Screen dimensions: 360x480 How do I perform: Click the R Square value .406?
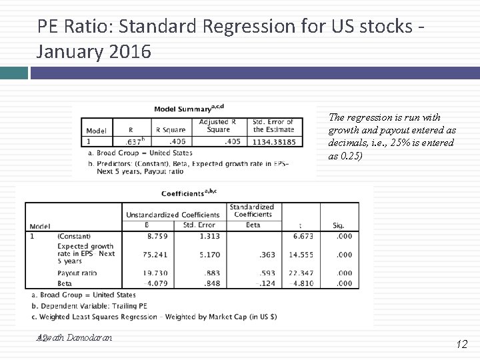coord(177,141)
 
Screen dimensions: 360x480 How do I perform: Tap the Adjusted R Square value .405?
coord(231,141)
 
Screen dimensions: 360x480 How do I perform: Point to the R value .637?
coord(134,141)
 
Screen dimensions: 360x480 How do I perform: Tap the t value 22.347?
coord(301,273)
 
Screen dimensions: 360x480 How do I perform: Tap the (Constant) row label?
coord(74,236)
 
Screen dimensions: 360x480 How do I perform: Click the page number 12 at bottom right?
coord(462,344)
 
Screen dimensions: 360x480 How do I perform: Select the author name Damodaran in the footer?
coord(90,337)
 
